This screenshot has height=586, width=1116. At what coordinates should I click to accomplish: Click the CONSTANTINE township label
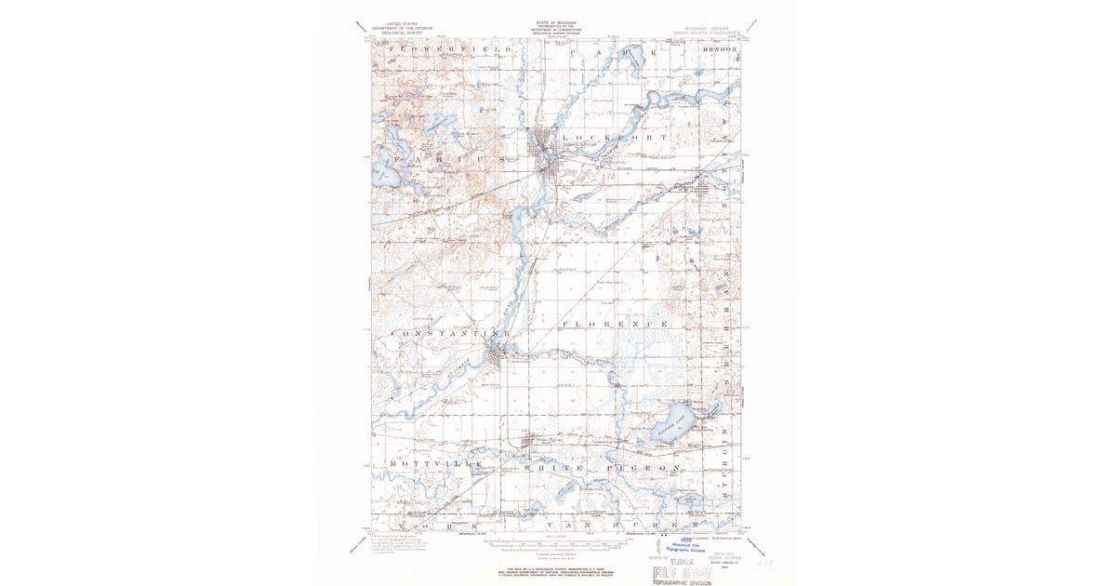(451, 333)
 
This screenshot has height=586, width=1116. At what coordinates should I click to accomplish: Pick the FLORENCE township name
(614, 324)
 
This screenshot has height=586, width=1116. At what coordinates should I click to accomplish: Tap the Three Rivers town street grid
(546, 149)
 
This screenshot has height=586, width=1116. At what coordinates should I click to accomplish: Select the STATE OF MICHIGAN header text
(556, 21)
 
